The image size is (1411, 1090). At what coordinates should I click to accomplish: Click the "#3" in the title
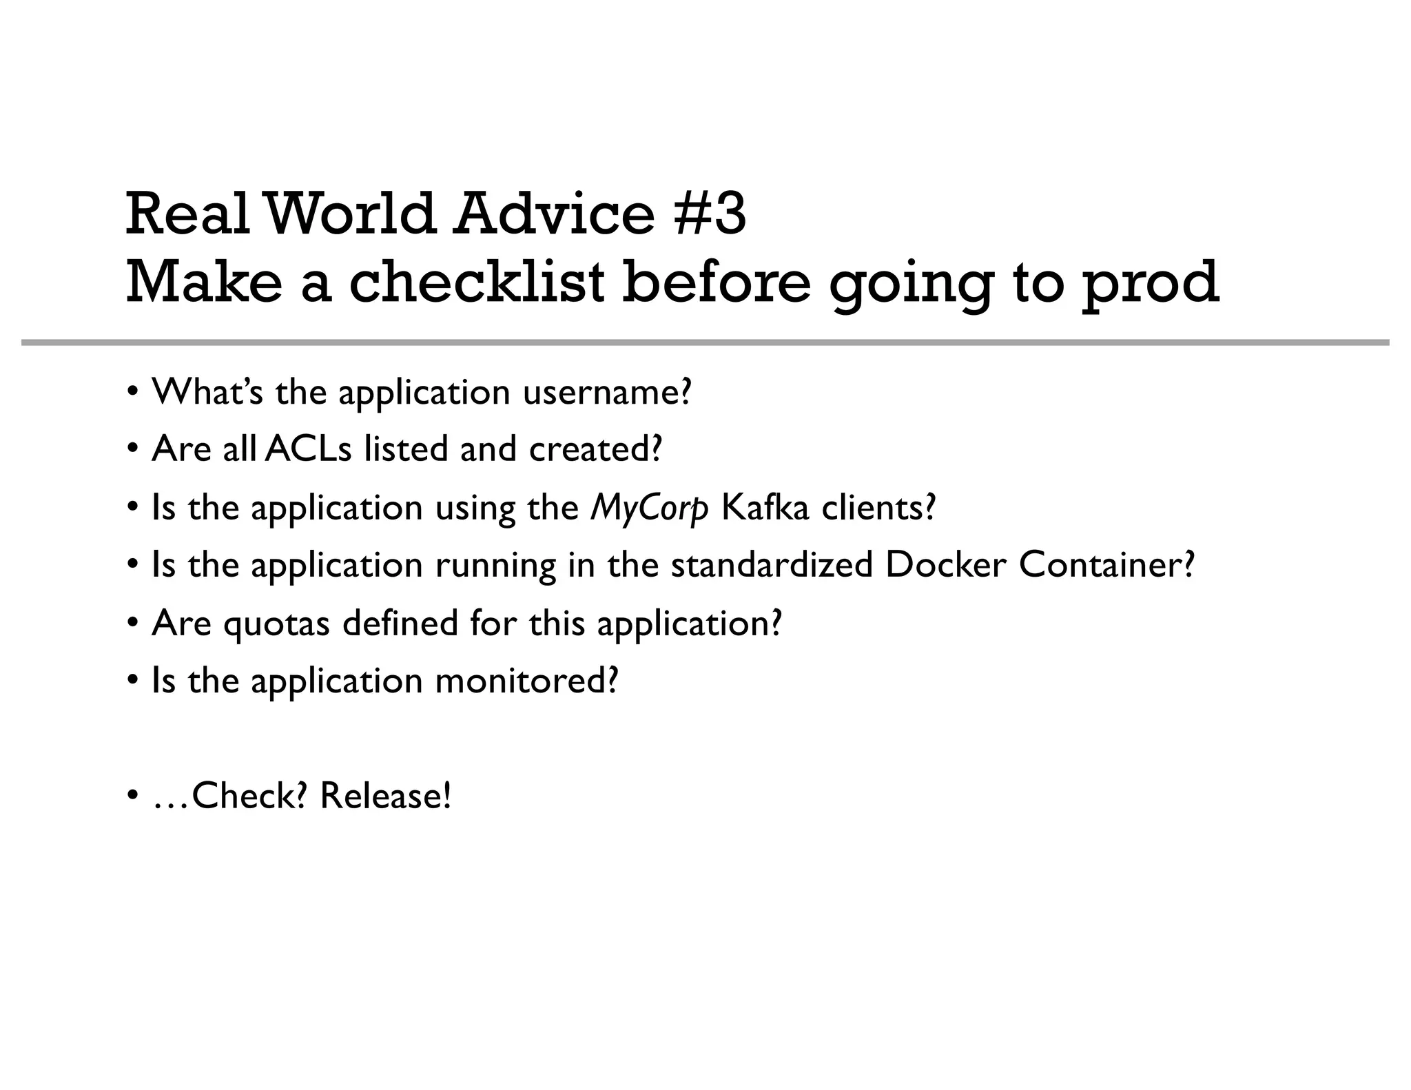point(710,214)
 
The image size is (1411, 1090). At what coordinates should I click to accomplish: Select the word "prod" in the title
point(1151,284)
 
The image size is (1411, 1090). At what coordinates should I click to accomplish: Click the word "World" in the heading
point(351,214)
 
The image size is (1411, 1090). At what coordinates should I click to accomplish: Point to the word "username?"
point(606,393)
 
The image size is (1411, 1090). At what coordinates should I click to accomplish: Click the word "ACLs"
point(308,449)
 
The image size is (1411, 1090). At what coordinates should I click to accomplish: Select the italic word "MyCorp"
point(649,509)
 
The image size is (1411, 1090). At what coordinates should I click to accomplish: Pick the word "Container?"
point(1106,565)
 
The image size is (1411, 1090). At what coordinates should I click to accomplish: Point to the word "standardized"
point(772,565)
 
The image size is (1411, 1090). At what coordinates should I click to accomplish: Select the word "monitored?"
point(527,681)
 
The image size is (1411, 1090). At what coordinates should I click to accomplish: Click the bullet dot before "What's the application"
point(132,393)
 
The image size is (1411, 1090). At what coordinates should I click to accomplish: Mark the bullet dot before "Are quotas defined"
point(132,624)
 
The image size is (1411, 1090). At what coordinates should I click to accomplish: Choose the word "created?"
point(595,449)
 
